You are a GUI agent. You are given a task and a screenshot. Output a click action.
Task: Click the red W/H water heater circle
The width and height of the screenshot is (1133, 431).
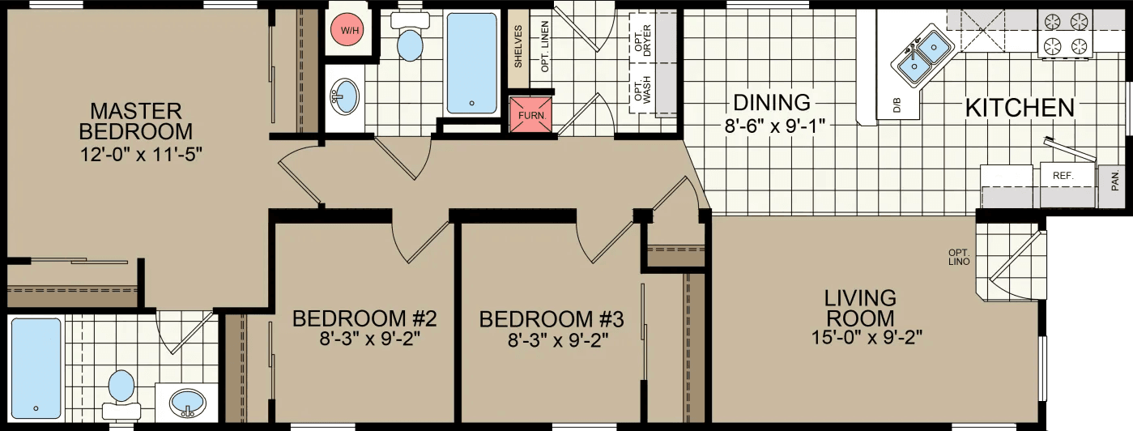pos(350,31)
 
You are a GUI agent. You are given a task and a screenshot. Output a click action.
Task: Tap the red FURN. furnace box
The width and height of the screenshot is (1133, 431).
pos(530,114)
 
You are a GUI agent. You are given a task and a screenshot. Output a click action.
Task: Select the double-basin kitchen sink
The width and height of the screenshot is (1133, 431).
pos(923,54)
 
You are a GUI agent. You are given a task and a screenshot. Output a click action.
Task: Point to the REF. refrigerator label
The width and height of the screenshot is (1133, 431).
pos(1063,175)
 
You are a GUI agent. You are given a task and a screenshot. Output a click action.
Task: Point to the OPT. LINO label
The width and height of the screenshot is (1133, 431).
pos(959,257)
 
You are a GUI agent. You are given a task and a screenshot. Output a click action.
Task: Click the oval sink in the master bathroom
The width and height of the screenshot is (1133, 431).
pos(188,403)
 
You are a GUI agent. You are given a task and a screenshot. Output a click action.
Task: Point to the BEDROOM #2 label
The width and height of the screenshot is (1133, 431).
pos(365,318)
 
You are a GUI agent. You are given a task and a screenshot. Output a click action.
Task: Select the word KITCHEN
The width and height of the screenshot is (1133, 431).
pos(1020,107)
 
